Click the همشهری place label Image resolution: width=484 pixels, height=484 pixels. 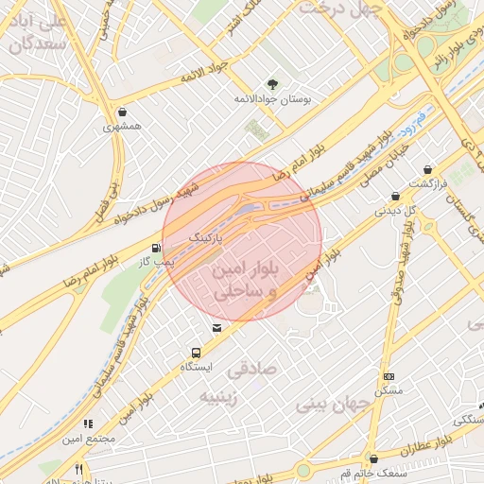coord(123,125)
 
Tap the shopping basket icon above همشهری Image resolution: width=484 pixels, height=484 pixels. coord(125,110)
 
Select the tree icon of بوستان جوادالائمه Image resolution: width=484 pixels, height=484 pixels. coord(272,84)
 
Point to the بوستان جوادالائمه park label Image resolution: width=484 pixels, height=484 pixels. coord(272,98)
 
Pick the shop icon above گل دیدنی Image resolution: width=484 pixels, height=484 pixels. coord(396,196)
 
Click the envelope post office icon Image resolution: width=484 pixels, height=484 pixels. coord(217,328)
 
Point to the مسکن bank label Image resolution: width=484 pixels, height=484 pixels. coord(388,390)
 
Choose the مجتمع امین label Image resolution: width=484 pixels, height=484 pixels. coord(90,439)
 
